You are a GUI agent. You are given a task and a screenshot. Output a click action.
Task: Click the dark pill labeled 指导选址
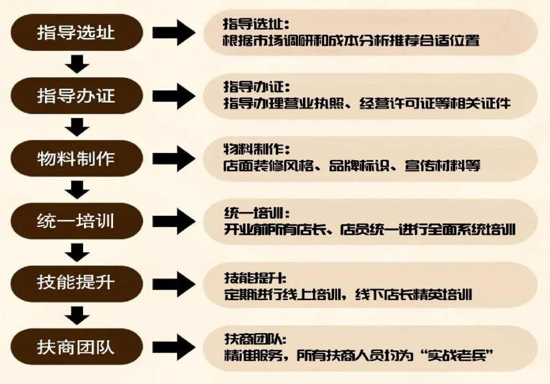point(76,33)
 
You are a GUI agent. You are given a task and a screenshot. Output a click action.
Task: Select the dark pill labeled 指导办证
point(76,96)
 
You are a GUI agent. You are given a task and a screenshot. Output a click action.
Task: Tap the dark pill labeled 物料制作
point(76,158)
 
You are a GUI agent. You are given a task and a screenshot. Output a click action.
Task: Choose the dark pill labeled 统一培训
point(76,221)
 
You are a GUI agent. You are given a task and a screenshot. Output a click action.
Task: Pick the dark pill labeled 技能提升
point(76,283)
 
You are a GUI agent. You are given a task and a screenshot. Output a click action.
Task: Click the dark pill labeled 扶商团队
point(76,347)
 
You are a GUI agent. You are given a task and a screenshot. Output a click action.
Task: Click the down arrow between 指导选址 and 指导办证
point(77,64)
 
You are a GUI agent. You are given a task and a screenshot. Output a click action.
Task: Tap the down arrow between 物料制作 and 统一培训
point(77,189)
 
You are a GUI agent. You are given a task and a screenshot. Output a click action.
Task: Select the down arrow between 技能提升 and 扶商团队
point(77,315)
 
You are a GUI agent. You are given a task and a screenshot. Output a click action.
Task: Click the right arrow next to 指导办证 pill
point(174,96)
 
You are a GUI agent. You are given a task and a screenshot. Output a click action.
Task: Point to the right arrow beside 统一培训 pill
point(174,221)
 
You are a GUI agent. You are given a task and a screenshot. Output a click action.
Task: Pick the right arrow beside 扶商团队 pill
point(174,347)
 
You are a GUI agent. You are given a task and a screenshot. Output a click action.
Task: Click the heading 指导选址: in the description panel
point(256,24)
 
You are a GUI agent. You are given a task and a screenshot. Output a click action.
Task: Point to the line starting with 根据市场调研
point(351,40)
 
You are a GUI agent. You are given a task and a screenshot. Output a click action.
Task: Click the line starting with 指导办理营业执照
point(367,103)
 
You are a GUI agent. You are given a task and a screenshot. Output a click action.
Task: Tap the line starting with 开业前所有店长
point(370,229)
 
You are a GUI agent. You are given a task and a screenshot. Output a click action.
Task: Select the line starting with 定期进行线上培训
point(348,294)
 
